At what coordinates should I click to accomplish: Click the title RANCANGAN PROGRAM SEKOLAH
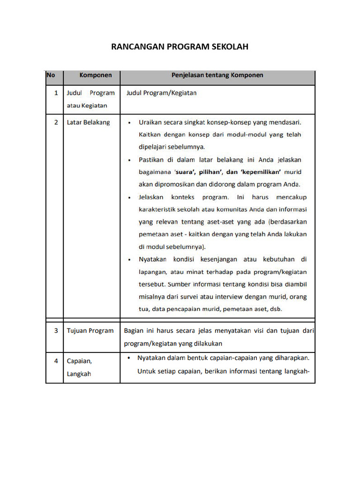180,47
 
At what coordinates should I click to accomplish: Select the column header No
50,75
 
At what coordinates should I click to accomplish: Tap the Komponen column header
96,75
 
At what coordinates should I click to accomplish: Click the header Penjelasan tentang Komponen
217,75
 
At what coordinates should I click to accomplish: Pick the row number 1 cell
56,93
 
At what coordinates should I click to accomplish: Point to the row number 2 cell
56,123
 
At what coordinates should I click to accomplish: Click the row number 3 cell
56,331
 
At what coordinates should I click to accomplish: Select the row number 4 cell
56,361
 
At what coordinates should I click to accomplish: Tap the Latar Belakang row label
88,123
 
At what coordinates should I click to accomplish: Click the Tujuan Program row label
90,331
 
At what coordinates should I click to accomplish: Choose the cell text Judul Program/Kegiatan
161,93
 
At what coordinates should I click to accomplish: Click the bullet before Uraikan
130,123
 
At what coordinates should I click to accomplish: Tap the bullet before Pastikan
130,160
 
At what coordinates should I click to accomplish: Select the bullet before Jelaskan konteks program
130,197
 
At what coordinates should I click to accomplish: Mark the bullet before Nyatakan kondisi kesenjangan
130,259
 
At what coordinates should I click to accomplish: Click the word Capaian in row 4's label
79,361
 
